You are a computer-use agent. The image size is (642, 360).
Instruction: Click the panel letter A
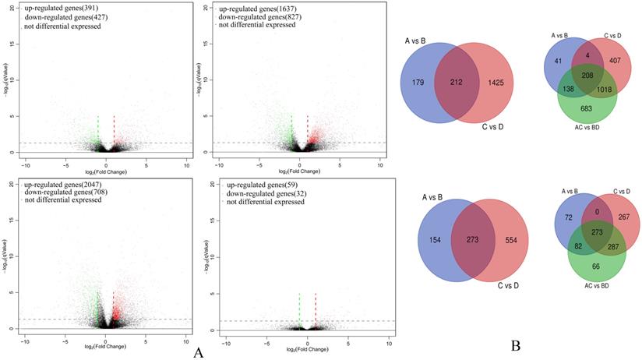pyautogui.click(x=198, y=352)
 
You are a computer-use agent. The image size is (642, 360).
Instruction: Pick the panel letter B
pyautogui.click(x=515, y=344)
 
